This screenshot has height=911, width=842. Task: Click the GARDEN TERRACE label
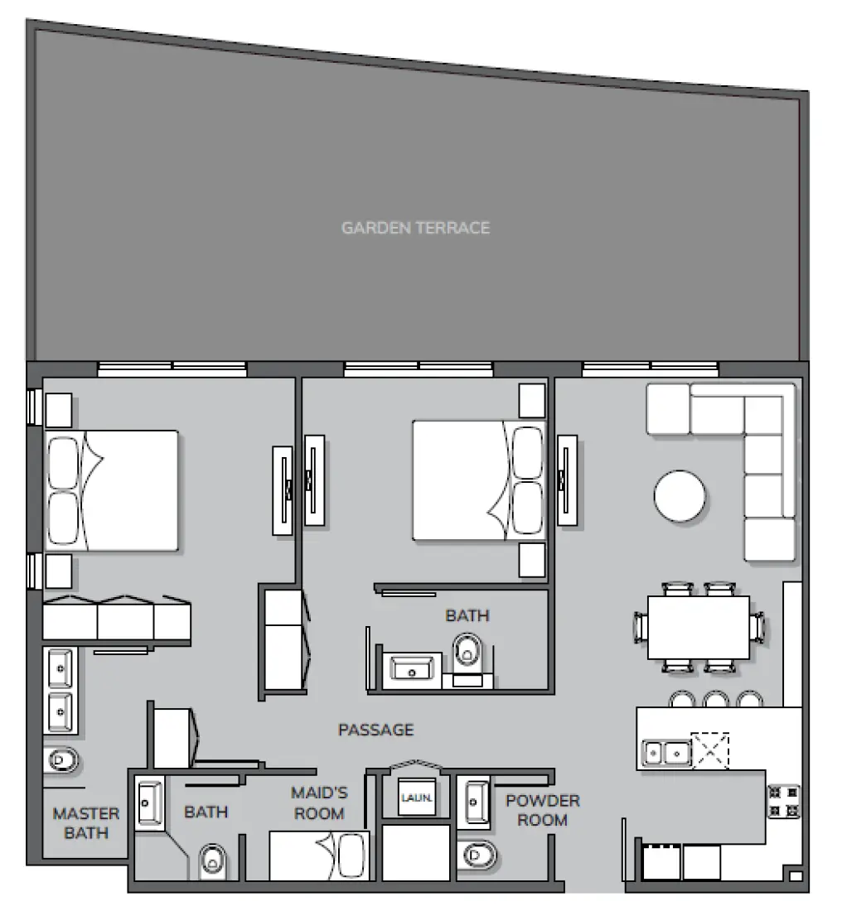point(415,228)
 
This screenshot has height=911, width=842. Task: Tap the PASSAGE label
point(375,730)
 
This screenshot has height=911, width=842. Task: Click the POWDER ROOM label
point(543,810)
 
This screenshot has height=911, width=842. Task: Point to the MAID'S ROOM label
point(319,803)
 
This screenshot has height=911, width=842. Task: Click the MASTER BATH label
point(86,823)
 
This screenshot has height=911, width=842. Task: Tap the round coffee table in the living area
point(680,497)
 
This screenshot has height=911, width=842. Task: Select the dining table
point(699,627)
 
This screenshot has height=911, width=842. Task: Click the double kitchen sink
point(667,753)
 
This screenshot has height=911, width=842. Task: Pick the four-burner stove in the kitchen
point(783,801)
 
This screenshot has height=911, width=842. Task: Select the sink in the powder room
point(477,801)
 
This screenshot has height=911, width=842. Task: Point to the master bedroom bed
point(112,490)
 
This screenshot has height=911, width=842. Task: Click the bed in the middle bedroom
point(479,480)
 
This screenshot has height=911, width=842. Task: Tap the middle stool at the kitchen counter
point(715,700)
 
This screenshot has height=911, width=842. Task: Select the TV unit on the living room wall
point(568,480)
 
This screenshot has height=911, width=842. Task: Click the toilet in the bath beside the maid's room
point(213,861)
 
